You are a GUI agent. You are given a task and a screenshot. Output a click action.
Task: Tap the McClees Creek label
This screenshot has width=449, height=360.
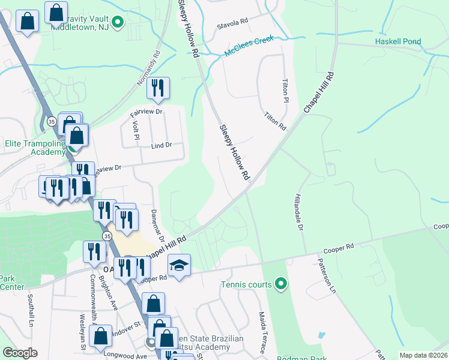(x=249, y=46)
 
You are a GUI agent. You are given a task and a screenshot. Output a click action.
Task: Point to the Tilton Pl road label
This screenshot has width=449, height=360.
(x=286, y=91)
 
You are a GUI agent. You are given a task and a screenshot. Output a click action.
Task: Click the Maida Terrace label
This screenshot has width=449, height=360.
(x=262, y=331)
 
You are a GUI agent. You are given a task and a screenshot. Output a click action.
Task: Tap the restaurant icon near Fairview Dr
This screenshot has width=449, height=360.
(x=158, y=88)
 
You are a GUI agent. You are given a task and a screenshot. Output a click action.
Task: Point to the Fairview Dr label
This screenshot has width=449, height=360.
(x=147, y=112)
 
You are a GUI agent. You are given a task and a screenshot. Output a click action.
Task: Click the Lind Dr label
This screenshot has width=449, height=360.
(x=161, y=145)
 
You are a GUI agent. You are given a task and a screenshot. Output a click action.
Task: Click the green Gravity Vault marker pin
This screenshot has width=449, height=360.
(x=118, y=23)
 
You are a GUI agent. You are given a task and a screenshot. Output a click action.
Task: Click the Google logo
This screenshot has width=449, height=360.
(x=20, y=353)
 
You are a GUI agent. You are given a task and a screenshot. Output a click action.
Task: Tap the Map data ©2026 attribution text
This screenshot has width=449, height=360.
(x=423, y=355)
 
